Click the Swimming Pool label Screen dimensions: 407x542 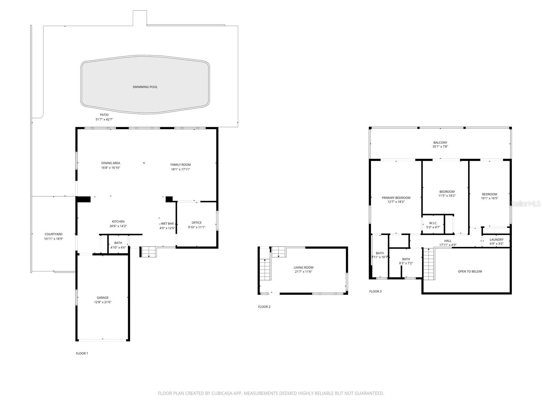pos(145,87)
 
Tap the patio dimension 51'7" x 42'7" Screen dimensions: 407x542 pos(104,119)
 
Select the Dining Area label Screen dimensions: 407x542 pos(110,163)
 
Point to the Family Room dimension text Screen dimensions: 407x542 pos(180,169)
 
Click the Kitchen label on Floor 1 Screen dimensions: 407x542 pos(118,221)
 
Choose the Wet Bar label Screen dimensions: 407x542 pos(167,224)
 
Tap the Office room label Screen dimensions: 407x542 pos(196,223)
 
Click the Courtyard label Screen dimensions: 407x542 pos(54,234)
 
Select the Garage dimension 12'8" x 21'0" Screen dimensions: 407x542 pos(103,302)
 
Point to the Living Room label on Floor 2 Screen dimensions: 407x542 pos(304,268)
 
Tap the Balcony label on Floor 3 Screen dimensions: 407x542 pos(440,143)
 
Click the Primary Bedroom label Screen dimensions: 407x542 pos(396,198)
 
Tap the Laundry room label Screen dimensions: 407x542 pos(496,239)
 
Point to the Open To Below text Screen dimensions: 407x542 pos(470,271)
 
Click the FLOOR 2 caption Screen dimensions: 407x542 pos(264,307)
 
